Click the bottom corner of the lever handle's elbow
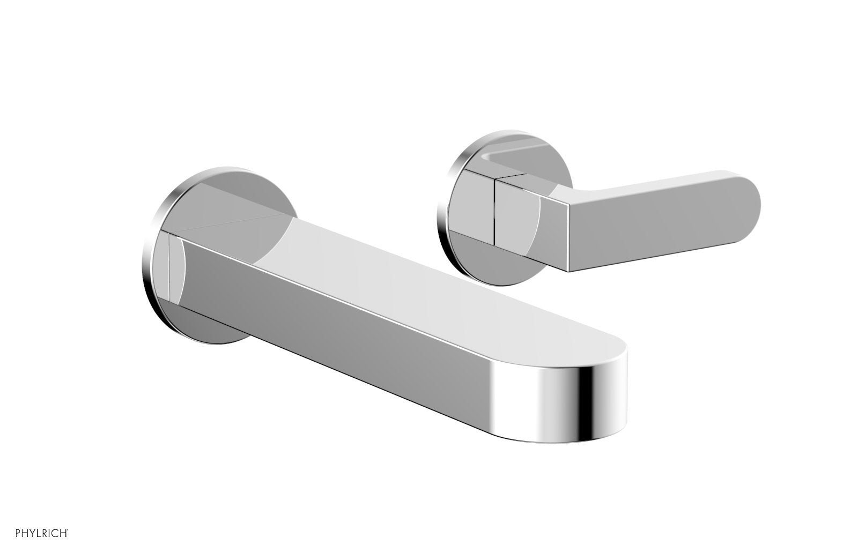[568, 270]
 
